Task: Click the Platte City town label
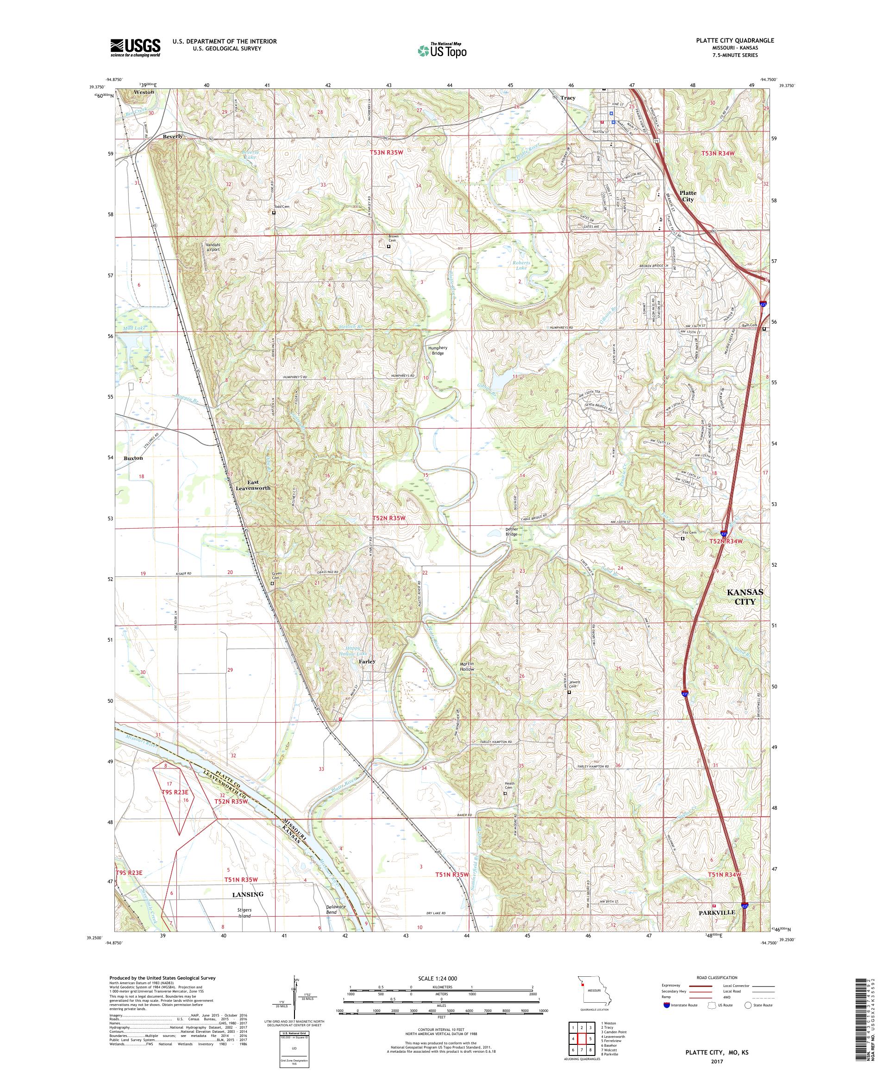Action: pyautogui.click(x=688, y=196)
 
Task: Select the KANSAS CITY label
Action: pyautogui.click(x=745, y=596)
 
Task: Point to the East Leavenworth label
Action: pyautogui.click(x=253, y=485)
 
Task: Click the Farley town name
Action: pyautogui.click(x=367, y=661)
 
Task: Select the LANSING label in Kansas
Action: pyautogui.click(x=248, y=894)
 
